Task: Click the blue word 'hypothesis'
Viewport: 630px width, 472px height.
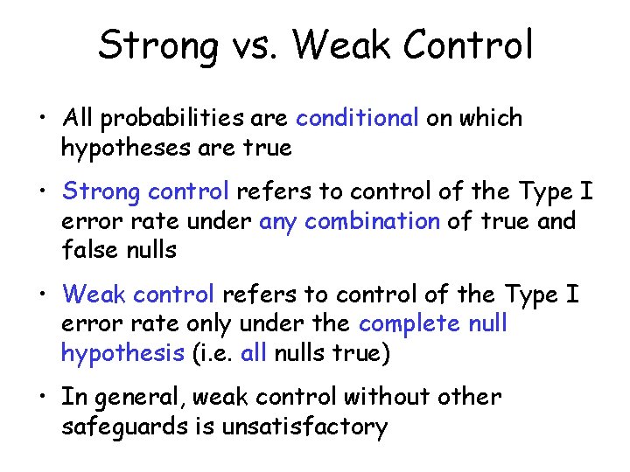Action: [121, 353]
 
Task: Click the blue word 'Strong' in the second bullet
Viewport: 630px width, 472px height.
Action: [101, 191]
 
